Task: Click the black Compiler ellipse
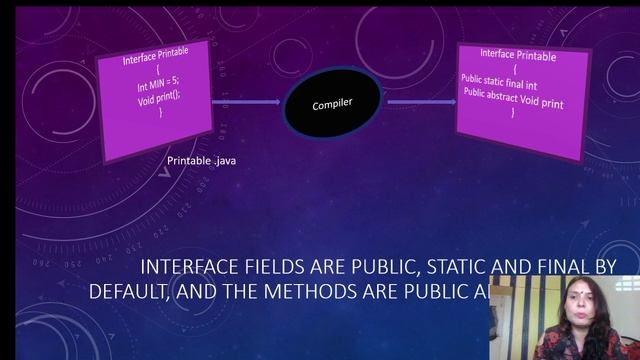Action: click(331, 104)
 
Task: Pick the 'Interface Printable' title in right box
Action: click(517, 55)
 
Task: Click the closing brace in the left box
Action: click(160, 112)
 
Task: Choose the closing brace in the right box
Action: click(513, 112)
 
